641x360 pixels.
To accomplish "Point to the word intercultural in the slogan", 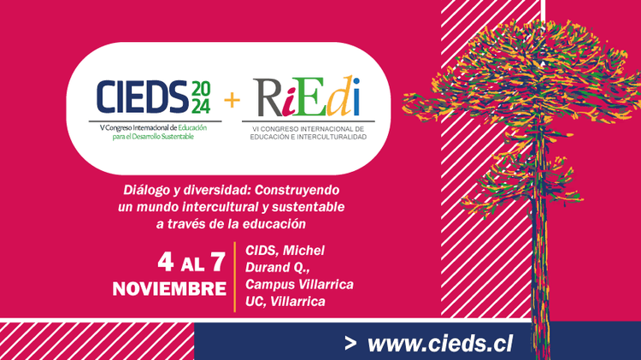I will [209, 208].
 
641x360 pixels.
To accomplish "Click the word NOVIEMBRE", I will [168, 288].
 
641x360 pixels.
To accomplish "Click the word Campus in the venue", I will [270, 284].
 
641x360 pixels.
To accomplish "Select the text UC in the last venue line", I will [255, 301].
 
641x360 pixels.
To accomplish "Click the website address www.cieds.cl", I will [440, 343].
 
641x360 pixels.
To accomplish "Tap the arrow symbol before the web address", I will [350, 344].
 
